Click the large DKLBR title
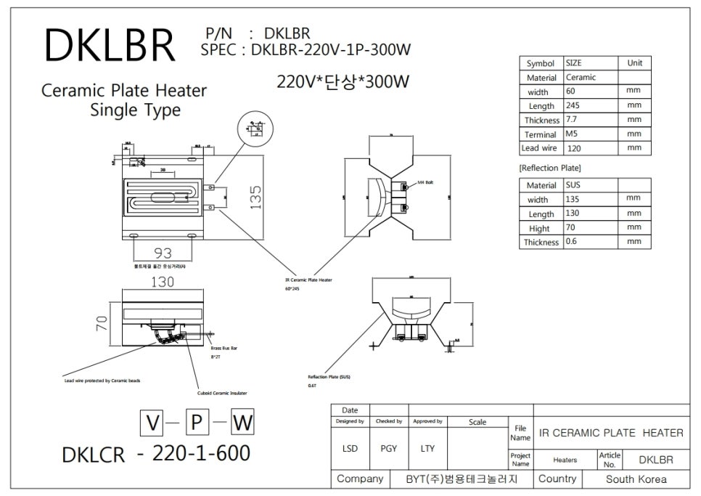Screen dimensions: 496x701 tap(109, 46)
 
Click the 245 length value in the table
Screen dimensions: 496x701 tap(572, 106)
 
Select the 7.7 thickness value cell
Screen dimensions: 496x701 tap(571, 120)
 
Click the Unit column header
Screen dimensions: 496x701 tap(634, 63)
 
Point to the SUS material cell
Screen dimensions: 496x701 tap(573, 185)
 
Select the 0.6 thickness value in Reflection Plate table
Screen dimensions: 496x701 tap(571, 242)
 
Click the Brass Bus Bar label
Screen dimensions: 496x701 tap(224, 349)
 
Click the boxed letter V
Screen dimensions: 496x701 tap(152, 422)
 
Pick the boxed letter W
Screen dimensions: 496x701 tap(243, 422)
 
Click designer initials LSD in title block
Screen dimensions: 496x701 tap(350, 448)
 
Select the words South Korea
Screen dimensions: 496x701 tap(636, 479)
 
